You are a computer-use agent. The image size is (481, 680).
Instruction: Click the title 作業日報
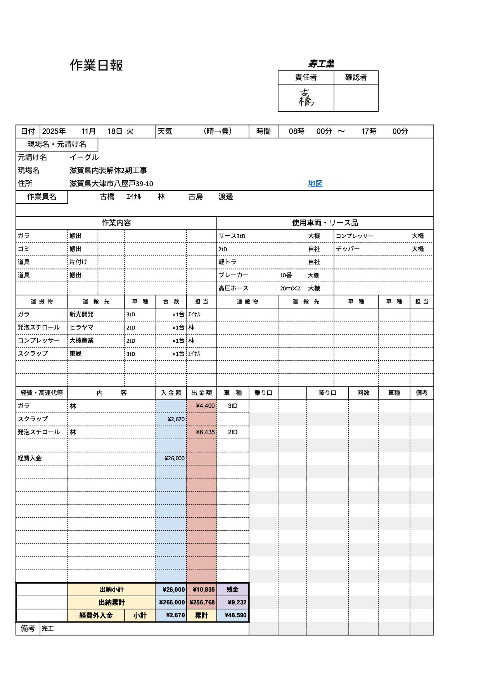click(96, 65)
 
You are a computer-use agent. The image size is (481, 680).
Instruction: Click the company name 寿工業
click(321, 64)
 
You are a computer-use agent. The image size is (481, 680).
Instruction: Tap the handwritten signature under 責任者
click(306, 97)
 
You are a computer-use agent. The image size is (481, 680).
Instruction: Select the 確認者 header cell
click(356, 77)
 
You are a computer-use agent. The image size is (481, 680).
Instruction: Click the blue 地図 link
click(315, 183)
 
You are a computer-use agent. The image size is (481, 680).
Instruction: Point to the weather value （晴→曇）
click(218, 131)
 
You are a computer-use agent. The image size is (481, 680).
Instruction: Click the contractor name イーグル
click(84, 157)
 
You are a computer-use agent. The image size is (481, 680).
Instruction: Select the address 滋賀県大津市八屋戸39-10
click(111, 183)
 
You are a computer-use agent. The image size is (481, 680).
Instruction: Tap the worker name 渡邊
click(226, 197)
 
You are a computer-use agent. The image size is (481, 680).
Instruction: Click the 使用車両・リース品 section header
click(325, 223)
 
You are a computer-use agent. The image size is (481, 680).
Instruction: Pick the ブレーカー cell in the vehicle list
click(233, 275)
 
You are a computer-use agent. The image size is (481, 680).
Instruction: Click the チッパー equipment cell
click(348, 249)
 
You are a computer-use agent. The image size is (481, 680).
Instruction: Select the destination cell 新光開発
click(81, 314)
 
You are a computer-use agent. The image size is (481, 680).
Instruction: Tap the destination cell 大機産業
click(81, 340)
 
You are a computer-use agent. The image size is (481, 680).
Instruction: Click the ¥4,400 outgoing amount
click(205, 406)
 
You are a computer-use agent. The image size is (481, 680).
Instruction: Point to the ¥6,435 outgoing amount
click(205, 432)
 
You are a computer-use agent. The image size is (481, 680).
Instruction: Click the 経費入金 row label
click(30, 458)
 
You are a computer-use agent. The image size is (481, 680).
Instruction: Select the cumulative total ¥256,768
click(202, 602)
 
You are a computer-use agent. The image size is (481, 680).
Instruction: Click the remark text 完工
click(48, 628)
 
